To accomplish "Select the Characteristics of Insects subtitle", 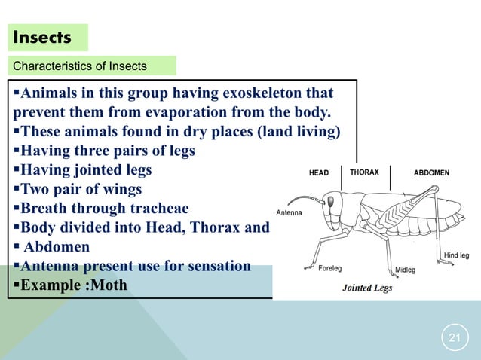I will [x=80, y=66].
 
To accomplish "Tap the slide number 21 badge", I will [x=454, y=337].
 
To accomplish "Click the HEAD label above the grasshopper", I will [x=319, y=172].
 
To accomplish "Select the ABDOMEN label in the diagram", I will [x=431, y=172].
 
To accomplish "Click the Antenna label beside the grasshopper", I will [x=290, y=212].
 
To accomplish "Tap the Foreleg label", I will [x=329, y=267].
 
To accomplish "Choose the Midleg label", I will [x=406, y=270].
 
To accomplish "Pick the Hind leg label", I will [x=456, y=255].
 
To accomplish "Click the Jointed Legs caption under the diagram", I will [x=367, y=288].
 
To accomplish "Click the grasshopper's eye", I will [x=330, y=201].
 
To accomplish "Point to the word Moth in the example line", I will [x=109, y=285].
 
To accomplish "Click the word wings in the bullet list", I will [x=123, y=189].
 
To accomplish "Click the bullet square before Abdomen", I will [x=16, y=247].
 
